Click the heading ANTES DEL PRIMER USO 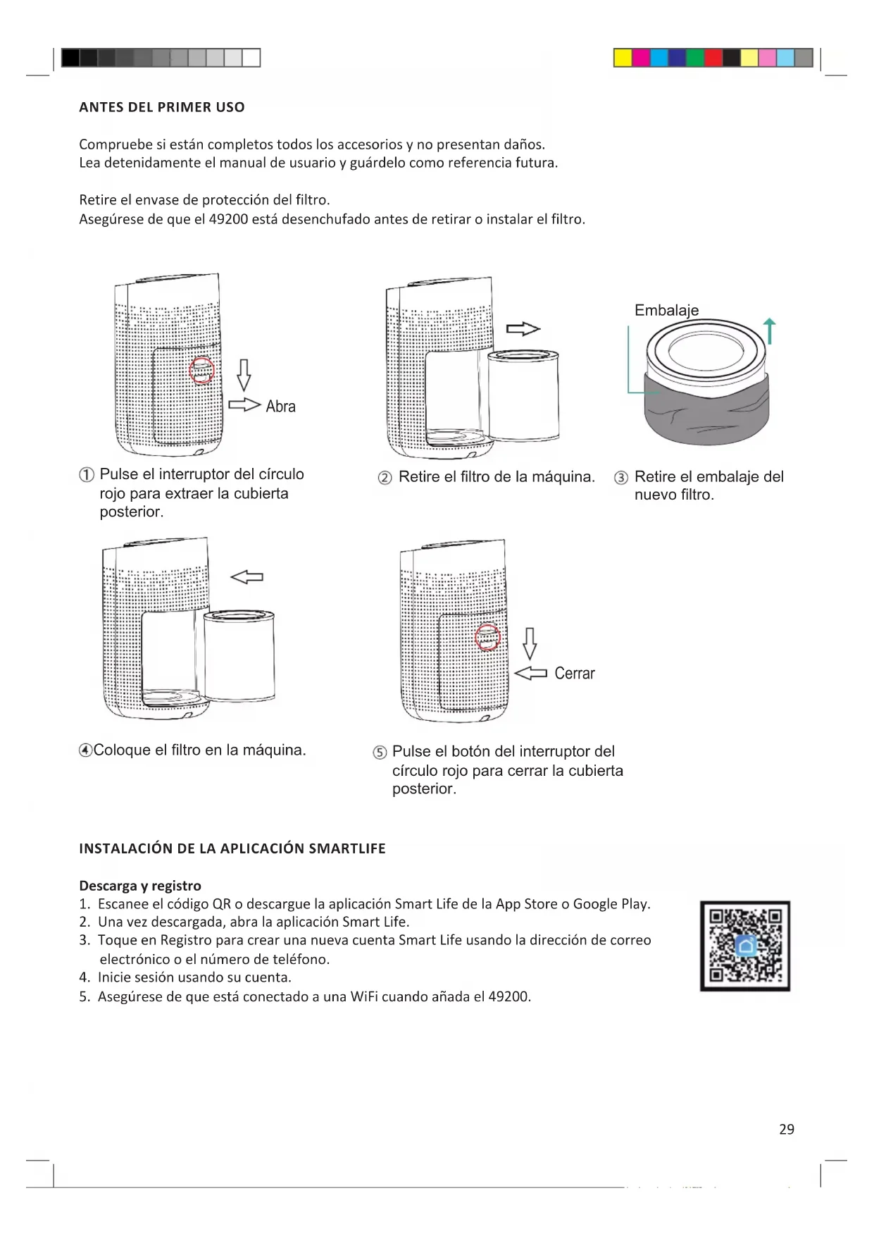162,107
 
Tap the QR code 745,946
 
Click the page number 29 787,1129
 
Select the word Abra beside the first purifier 280,407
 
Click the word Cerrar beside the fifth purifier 575,674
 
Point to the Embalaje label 666,310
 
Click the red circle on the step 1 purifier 202,371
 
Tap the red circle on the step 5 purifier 487,638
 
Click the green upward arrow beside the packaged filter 770,330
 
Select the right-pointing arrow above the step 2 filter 523,329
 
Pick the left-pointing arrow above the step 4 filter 247,577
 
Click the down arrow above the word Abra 244,374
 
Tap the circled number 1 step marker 87,475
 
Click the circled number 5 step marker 380,752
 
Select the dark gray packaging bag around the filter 706,416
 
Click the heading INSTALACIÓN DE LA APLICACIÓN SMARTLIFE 232,848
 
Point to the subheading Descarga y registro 140,886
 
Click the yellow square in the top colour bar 623,58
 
